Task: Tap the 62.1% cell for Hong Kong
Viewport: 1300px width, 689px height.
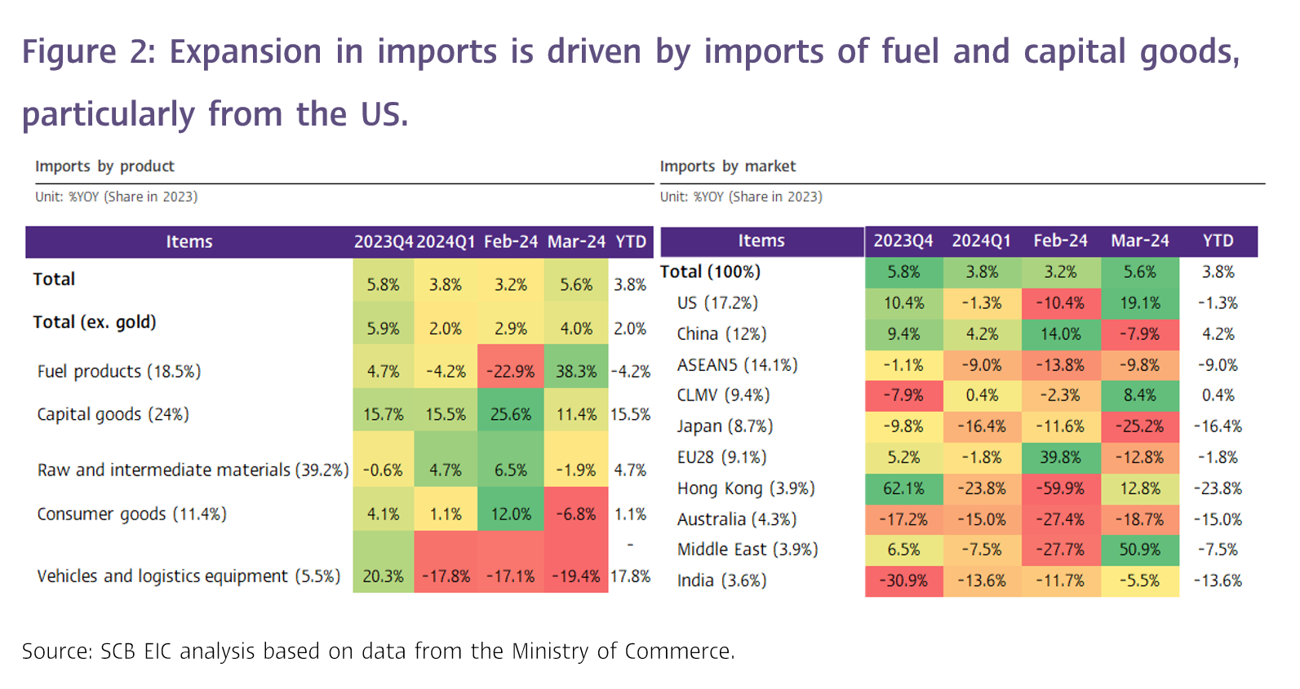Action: click(903, 489)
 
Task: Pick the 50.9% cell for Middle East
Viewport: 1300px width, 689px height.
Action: click(1140, 550)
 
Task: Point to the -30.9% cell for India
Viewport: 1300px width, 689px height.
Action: click(903, 581)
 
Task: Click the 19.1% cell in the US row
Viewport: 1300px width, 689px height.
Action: click(1140, 303)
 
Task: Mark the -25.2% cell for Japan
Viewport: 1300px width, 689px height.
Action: click(1140, 427)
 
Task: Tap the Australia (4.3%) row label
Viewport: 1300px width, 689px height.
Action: click(737, 519)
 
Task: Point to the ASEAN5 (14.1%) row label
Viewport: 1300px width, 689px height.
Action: click(738, 364)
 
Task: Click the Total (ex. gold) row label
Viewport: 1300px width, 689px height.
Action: click(95, 322)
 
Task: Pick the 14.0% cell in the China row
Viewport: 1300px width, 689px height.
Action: click(1060, 334)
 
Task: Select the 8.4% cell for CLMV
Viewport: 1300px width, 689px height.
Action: click(1140, 396)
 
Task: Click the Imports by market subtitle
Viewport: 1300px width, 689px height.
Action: click(728, 166)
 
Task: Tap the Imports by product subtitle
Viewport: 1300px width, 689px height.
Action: click(104, 166)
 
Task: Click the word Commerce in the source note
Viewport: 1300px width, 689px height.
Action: click(680, 651)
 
